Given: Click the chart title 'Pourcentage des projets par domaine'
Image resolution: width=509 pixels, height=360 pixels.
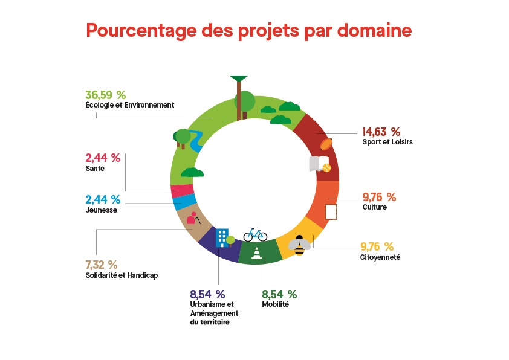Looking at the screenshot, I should point(248,30).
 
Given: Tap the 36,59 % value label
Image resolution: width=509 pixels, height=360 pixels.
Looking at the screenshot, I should point(105,95).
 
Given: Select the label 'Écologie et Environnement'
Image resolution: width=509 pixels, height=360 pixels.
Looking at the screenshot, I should point(129,104).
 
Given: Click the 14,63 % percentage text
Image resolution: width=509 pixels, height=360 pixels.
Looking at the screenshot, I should point(381,132).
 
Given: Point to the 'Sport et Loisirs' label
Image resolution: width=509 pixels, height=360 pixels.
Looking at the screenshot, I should point(387,142).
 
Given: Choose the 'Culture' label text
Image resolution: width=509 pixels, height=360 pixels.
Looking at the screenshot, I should point(374,207).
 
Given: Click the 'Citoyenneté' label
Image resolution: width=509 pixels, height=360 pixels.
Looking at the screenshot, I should point(380,257).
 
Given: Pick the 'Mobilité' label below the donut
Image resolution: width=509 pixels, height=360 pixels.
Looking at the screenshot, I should point(275,304).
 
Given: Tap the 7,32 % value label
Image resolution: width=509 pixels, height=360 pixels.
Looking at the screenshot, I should point(102,265).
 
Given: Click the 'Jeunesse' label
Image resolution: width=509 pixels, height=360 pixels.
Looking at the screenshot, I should point(102,210).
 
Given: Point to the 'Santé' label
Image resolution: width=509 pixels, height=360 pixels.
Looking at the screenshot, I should point(95,169).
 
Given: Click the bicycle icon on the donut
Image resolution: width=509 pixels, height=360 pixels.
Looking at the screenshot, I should point(255,234).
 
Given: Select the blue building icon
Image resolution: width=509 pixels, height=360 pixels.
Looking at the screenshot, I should point(222,237).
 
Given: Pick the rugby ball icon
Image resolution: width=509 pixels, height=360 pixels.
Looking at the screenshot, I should point(326,144).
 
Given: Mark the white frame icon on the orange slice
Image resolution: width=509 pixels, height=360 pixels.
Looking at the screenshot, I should point(331,212).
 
